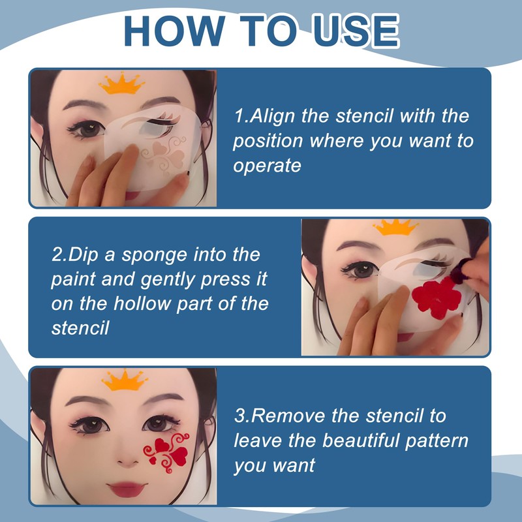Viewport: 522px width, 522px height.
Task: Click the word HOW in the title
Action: [174, 31]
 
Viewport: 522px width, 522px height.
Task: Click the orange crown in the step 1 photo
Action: [121, 84]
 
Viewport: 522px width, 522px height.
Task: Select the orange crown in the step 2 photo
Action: [395, 227]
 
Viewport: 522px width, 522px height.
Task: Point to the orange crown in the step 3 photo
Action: [125, 380]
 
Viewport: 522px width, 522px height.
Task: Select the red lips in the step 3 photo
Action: [127, 489]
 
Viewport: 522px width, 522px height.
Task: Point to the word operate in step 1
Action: [267, 166]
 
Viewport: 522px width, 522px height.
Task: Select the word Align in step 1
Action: [272, 117]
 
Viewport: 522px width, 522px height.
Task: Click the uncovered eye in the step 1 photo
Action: [87, 129]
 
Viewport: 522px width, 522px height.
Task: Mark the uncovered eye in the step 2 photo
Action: [361, 269]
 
